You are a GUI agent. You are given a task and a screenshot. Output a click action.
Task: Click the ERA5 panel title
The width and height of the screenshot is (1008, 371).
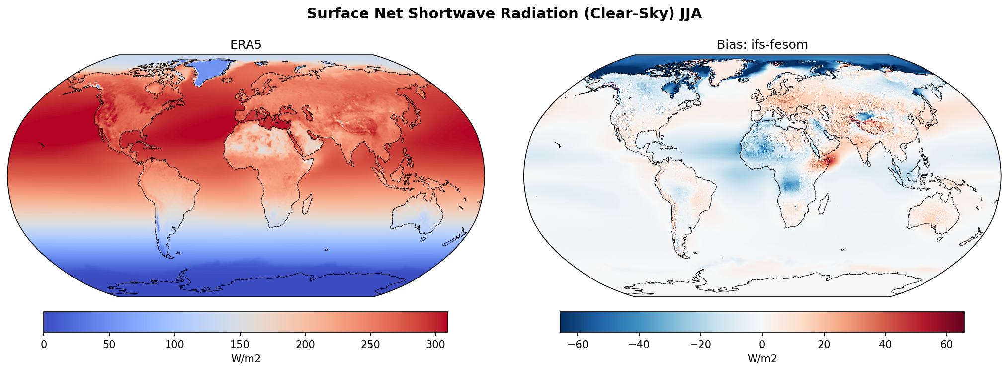(246, 45)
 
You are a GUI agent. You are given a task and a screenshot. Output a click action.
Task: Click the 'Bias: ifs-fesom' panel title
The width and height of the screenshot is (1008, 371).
(762, 45)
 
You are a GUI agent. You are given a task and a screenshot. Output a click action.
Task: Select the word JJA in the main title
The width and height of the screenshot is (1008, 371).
(690, 14)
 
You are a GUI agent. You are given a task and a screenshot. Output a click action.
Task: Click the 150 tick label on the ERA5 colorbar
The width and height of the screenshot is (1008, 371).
(240, 344)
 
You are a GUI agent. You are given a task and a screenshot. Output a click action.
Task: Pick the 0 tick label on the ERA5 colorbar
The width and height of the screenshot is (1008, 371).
(44, 344)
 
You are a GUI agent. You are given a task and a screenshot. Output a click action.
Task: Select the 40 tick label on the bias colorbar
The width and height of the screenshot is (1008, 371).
(885, 344)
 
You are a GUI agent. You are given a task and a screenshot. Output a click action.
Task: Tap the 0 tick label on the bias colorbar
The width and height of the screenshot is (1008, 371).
(762, 344)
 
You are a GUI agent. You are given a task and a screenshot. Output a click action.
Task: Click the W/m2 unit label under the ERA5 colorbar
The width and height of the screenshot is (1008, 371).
(246, 359)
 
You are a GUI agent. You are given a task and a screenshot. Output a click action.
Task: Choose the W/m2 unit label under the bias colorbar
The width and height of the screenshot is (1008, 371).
(762, 359)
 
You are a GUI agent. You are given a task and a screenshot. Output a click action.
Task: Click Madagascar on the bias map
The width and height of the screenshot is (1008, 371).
(823, 204)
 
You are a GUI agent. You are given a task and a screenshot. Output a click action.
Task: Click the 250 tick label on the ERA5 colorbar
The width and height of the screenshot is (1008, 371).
(370, 344)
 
